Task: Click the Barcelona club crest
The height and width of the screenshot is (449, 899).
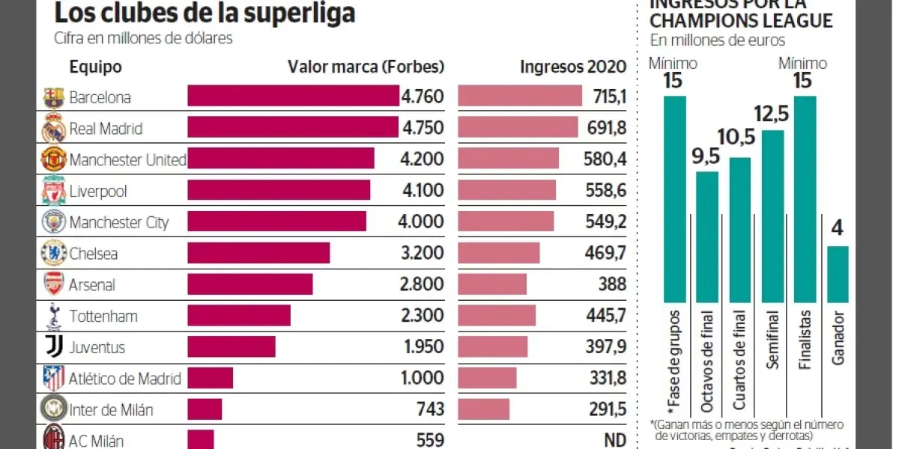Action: pos(54,97)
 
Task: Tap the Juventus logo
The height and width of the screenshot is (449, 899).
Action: pos(54,347)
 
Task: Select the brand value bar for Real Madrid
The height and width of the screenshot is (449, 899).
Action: pos(293,128)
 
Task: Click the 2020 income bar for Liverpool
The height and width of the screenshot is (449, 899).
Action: pos(506,191)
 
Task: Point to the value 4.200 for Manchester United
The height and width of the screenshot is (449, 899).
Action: pos(423,159)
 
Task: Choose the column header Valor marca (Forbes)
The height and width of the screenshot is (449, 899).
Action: pos(366,67)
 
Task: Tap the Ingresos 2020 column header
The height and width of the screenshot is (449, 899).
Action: pos(573,67)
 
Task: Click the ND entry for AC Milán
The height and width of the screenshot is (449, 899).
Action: pos(615,441)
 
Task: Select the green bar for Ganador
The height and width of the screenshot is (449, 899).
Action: pos(838,274)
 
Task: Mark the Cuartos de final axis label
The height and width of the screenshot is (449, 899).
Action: pos(739,360)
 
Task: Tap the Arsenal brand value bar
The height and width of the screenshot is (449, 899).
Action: pos(249,285)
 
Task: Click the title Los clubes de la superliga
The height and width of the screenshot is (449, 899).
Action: pos(205,13)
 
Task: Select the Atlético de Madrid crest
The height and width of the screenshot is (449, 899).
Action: pos(54,379)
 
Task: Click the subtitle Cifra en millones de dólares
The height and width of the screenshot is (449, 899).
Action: pos(143,38)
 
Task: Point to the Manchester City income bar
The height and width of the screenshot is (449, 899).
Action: pos(506,222)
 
